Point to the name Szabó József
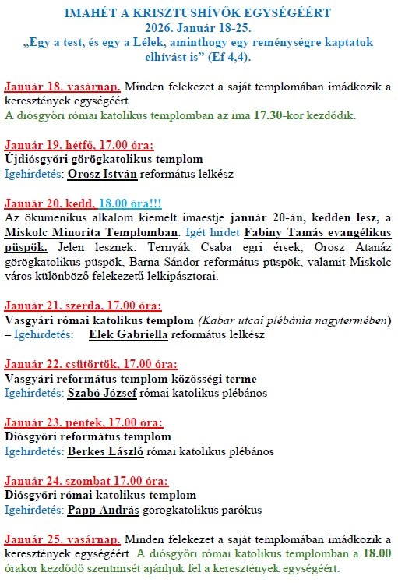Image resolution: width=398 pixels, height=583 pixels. point(102,393)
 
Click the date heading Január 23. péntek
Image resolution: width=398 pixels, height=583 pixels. point(48,422)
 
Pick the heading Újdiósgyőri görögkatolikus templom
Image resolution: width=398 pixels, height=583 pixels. point(99,158)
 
